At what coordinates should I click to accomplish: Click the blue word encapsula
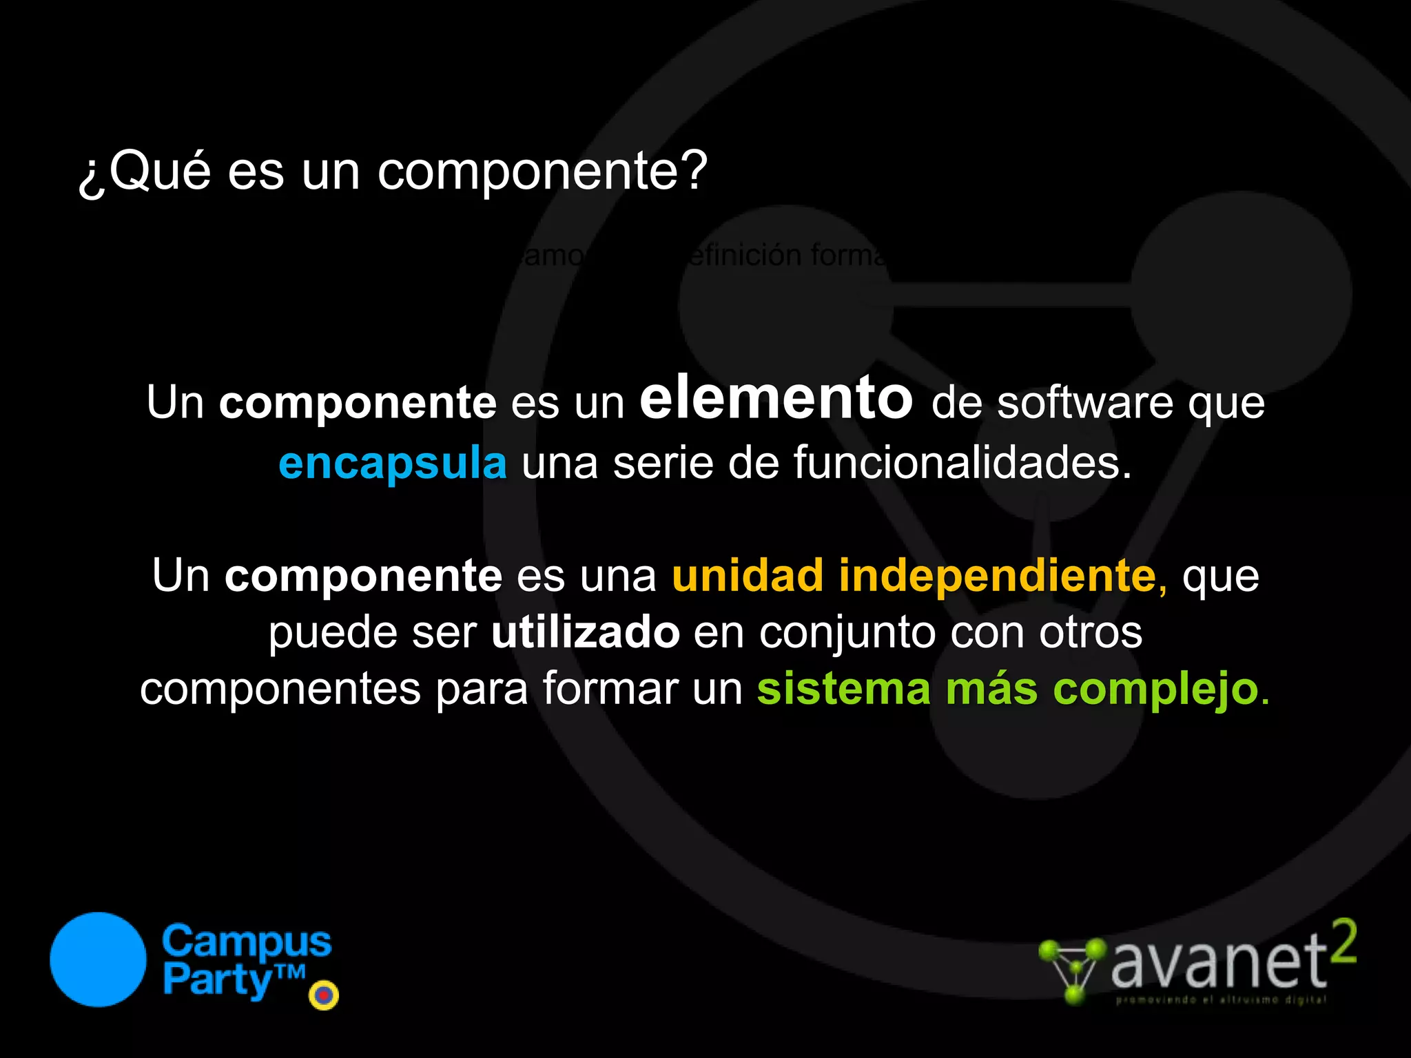(393, 463)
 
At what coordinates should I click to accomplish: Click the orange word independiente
(997, 575)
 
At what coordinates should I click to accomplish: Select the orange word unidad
(748, 575)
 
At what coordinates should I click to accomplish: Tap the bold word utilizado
(586, 632)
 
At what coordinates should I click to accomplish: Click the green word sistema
(844, 689)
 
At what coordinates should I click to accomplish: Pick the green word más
(991, 689)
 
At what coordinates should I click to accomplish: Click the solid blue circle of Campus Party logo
(98, 960)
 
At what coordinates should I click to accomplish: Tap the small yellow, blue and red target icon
(324, 995)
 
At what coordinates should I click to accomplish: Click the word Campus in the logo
(247, 942)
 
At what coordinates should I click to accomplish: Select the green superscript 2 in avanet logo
(1343, 942)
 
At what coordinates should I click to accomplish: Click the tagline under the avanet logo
(1220, 999)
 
